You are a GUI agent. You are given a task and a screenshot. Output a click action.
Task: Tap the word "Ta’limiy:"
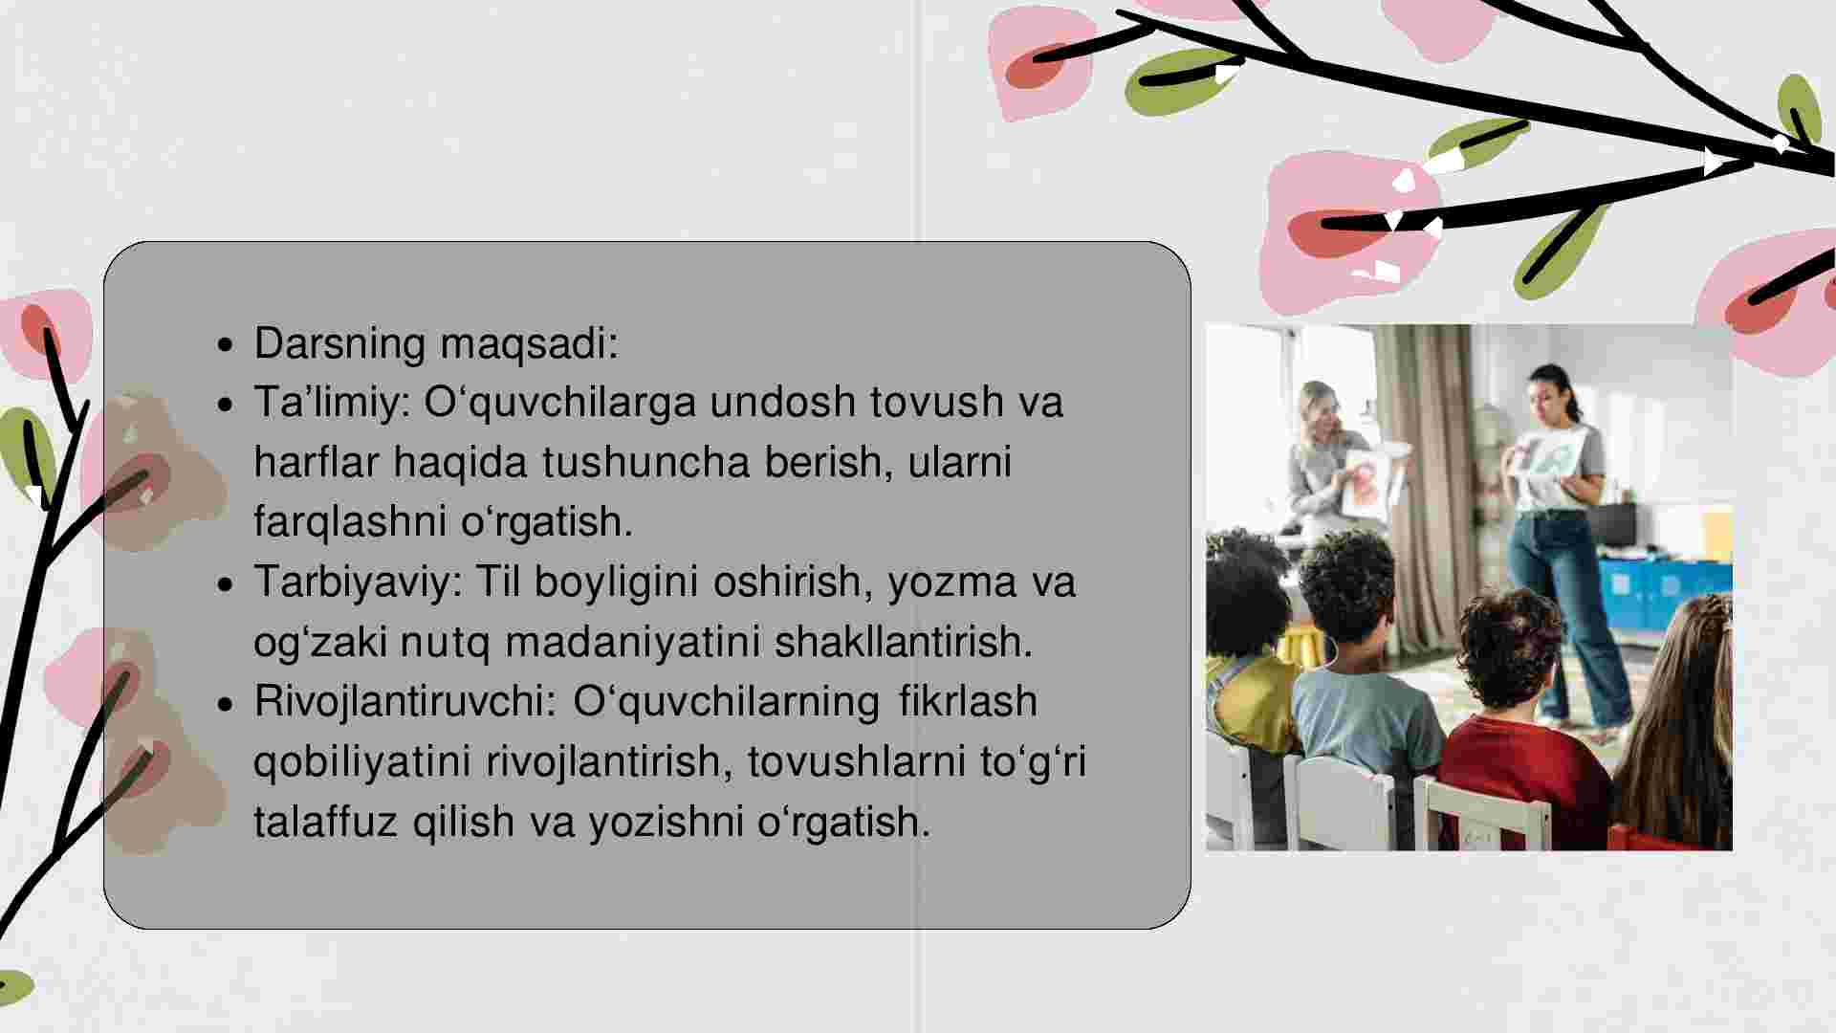[332, 403]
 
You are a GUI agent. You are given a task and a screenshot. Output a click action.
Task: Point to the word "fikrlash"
[968, 701]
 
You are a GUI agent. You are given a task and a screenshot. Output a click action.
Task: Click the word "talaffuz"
[325, 821]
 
